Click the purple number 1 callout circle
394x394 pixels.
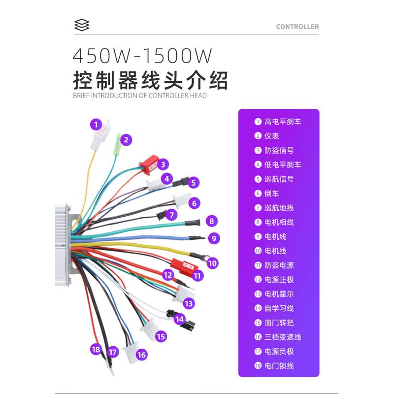[x=96, y=124]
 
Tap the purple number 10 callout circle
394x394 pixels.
[x=212, y=263]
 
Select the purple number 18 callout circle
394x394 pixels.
[x=96, y=350]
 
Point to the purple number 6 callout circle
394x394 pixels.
[x=195, y=203]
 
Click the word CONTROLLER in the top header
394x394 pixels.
[x=297, y=27]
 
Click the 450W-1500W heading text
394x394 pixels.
[x=142, y=55]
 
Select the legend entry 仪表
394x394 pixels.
[x=272, y=136]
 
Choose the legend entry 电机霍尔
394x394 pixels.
[x=279, y=294]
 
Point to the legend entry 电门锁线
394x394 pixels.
[x=279, y=366]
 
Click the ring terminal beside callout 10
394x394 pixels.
[x=200, y=256]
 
